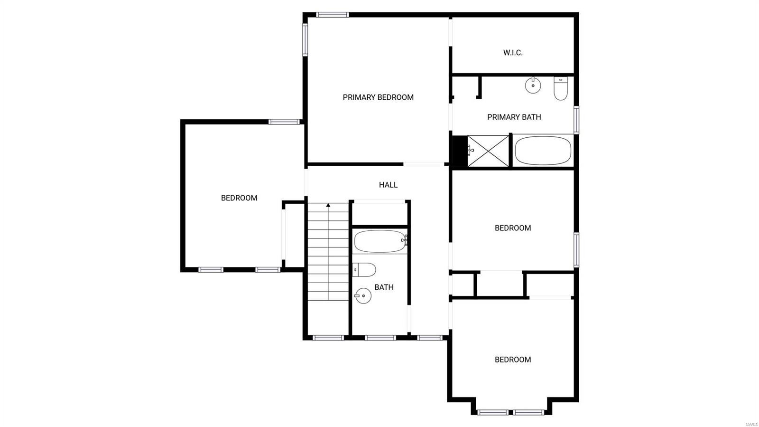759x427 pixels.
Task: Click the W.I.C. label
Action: point(513,53)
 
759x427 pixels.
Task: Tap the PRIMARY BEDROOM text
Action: point(378,97)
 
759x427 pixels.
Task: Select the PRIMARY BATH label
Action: point(514,117)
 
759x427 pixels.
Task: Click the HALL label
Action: point(388,185)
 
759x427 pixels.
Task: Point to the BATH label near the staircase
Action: point(384,287)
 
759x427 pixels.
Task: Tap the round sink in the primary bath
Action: point(533,85)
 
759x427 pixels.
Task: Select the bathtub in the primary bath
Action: point(543,151)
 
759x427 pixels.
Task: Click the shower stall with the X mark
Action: point(488,151)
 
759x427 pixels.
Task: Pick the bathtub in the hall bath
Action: point(379,241)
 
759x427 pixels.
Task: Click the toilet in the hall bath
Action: point(364,270)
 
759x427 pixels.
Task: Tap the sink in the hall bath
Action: point(362,296)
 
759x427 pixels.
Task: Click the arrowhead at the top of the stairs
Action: point(328,206)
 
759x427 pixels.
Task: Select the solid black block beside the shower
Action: point(459,151)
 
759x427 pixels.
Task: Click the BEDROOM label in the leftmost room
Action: point(239,198)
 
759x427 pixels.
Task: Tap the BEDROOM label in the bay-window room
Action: point(513,360)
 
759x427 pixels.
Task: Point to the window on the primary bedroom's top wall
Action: point(333,15)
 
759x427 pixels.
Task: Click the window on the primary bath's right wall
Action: point(576,120)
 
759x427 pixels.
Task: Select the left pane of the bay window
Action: point(492,412)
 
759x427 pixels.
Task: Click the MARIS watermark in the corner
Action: point(751,424)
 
